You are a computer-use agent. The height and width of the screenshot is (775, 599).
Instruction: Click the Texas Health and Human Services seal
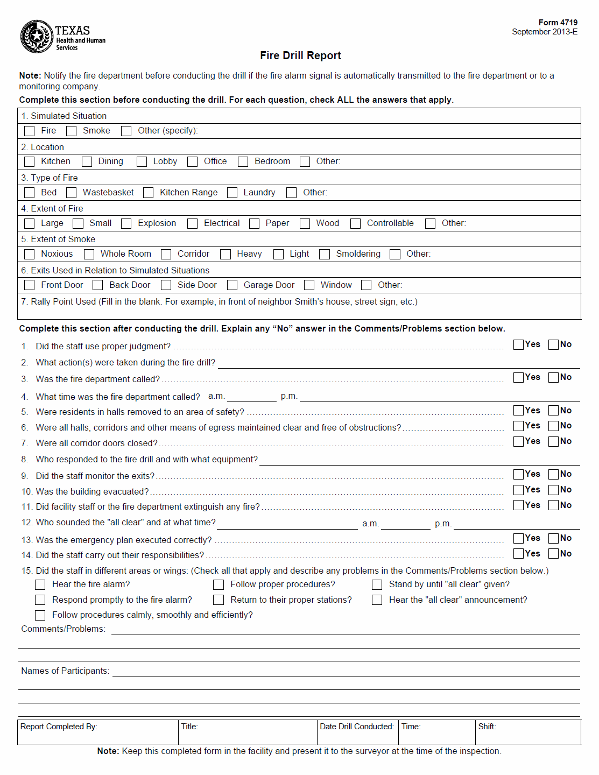tap(37, 37)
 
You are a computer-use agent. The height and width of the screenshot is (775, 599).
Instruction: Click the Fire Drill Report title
tap(300, 55)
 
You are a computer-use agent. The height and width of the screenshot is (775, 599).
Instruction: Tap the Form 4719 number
tap(558, 23)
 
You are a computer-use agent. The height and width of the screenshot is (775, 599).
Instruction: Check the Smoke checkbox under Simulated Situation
tap(72, 131)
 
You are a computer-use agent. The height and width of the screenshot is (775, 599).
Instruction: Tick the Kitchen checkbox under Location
tap(30, 161)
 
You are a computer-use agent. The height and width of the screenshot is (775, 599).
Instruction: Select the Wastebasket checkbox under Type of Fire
tap(72, 193)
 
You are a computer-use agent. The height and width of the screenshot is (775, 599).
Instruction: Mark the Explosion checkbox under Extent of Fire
tap(126, 223)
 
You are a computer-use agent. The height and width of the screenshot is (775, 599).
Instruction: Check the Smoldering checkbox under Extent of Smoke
tap(325, 254)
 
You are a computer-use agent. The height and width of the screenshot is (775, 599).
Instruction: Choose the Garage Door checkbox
tap(232, 285)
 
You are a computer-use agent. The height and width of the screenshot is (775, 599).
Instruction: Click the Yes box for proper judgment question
tap(519, 344)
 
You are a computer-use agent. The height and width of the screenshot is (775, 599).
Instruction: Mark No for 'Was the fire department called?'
tap(553, 377)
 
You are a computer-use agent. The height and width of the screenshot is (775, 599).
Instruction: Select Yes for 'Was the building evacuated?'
tap(519, 490)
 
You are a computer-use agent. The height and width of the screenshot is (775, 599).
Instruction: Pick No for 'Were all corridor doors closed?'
tap(553, 441)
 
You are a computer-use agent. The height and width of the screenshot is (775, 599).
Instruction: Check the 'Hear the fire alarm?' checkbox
tap(40, 584)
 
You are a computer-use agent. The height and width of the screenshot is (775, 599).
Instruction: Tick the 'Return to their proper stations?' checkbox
tap(219, 600)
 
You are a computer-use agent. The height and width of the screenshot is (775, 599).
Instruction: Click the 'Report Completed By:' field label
tap(59, 727)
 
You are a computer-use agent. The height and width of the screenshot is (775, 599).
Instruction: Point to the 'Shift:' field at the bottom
tap(487, 727)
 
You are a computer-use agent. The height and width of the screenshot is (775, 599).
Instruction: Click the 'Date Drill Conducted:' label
tap(356, 727)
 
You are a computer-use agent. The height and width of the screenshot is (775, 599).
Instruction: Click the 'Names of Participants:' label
tap(65, 671)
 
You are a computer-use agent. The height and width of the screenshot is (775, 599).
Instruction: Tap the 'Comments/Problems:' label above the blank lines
tap(63, 629)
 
